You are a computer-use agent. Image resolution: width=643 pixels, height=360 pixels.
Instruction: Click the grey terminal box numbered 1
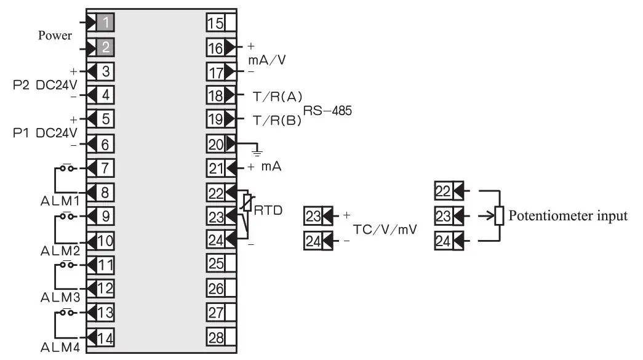tap(105, 23)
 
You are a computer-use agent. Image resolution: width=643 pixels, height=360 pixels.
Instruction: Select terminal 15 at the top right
tap(215, 23)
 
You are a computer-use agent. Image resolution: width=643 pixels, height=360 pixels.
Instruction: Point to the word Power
tap(55, 35)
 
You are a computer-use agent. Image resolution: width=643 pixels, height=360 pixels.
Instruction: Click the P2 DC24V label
tap(44, 84)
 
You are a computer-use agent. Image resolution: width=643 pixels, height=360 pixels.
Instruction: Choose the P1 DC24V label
tap(44, 132)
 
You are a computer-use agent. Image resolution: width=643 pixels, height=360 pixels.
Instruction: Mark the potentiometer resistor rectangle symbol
tap(500, 216)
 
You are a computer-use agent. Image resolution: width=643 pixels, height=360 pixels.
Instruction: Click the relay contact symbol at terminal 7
tap(67, 167)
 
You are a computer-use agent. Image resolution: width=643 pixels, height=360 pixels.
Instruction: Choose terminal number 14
tap(105, 337)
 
